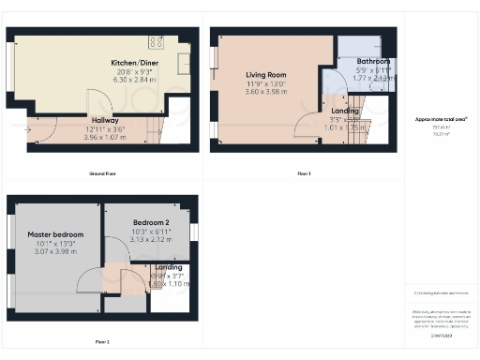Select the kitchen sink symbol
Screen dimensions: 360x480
click(183, 61)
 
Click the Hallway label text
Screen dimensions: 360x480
click(104, 120)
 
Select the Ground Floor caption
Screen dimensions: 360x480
click(103, 173)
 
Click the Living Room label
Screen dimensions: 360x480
click(266, 74)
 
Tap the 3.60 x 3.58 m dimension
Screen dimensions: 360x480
click(266, 92)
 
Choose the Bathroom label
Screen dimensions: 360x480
click(360, 61)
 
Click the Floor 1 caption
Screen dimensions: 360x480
click(304, 173)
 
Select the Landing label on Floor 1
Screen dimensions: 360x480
click(345, 111)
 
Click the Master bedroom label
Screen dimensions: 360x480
click(55, 233)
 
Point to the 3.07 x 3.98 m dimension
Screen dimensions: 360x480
click(55, 251)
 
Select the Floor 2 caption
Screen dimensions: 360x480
click(101, 341)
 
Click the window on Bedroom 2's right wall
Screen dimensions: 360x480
click(194, 232)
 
